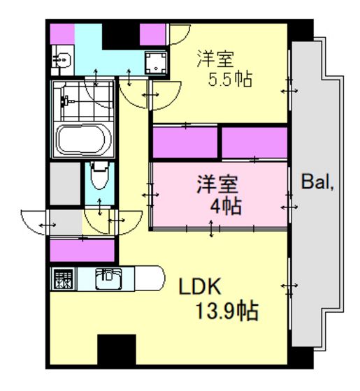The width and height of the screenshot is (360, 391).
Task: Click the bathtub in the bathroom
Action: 83,140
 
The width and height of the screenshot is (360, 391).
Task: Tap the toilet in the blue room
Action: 100,175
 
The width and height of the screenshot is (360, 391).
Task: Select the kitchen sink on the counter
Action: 108,279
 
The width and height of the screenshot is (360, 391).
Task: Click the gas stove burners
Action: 64,279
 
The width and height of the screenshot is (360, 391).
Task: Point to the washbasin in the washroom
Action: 62,60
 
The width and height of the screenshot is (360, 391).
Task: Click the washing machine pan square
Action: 156,63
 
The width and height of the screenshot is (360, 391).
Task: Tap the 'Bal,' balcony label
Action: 317,182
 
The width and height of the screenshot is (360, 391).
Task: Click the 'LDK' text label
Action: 200,286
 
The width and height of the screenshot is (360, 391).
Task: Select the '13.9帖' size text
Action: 226,311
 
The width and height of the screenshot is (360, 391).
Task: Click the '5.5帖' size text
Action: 230,80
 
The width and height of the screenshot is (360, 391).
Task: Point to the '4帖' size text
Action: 225,206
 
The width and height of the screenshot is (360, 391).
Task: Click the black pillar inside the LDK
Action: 117,350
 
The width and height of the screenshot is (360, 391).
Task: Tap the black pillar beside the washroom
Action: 120,36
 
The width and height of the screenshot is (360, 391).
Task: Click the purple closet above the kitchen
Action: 82,251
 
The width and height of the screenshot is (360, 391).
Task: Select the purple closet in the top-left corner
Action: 62,34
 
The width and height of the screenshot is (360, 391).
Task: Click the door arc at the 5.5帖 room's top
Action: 180,34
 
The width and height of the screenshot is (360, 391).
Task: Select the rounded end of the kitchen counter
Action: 150,279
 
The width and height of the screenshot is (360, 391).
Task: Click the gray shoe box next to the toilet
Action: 65,184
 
